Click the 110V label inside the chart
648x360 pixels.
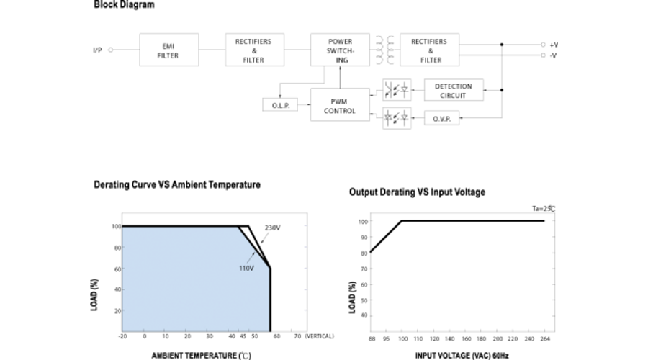coord(246,268)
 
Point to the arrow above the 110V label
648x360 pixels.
coord(251,257)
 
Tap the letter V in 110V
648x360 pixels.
coord(251,268)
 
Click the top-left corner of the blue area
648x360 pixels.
coord(122,228)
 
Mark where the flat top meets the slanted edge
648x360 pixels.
coord(238,228)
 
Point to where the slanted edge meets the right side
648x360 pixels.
coord(269,268)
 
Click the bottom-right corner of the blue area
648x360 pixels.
coord(269,331)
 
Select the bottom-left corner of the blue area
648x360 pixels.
coord(122,331)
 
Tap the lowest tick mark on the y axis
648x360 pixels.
coord(122,310)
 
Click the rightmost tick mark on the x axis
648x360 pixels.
coord(254,332)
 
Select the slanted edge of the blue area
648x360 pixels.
coord(253,248)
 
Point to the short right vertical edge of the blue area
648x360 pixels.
coord(269,300)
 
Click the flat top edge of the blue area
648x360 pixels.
coord(180,228)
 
